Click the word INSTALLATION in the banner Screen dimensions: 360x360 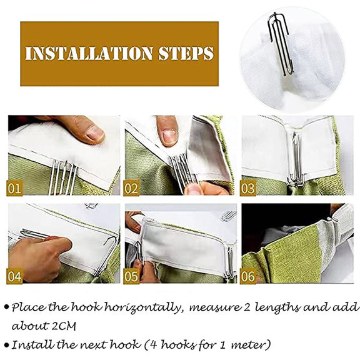click(x=89, y=53)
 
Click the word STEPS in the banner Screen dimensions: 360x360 click(x=186, y=53)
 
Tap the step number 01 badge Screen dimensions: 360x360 click(x=14, y=188)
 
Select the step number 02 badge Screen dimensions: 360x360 click(x=131, y=188)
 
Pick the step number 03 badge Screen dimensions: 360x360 click(x=248, y=188)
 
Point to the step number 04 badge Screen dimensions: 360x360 click(x=14, y=276)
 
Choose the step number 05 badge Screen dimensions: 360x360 click(x=131, y=276)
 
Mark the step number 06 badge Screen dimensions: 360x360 click(x=248, y=276)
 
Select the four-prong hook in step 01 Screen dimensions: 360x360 click(x=62, y=177)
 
